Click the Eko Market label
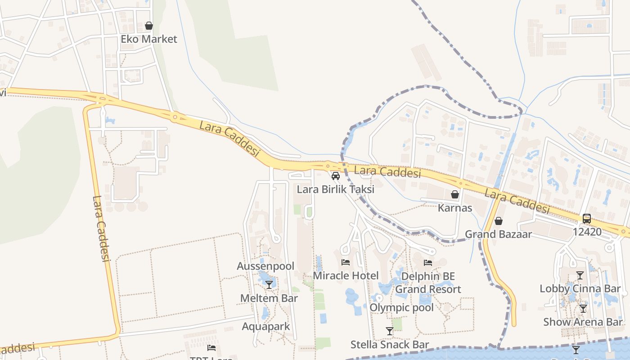pyautogui.click(x=149, y=39)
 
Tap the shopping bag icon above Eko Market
pyautogui.click(x=149, y=26)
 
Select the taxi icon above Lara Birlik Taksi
pyautogui.click(x=335, y=175)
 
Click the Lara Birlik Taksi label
pyautogui.click(x=335, y=189)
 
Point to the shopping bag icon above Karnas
pyautogui.click(x=455, y=194)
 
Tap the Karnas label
pyautogui.click(x=455, y=208)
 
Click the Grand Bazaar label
pyautogui.click(x=498, y=234)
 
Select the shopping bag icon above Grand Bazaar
pyautogui.click(x=498, y=221)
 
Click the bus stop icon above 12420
pyautogui.click(x=587, y=219)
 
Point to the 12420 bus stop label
pyautogui.click(x=587, y=232)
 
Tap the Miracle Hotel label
pyautogui.click(x=346, y=275)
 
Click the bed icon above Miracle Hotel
pyautogui.click(x=346, y=262)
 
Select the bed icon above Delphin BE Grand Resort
pyautogui.click(x=428, y=262)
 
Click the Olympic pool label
pyautogui.click(x=401, y=307)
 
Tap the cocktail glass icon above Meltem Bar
pyautogui.click(x=269, y=284)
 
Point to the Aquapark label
pyautogui.click(x=266, y=326)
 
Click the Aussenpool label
pyautogui.click(x=265, y=266)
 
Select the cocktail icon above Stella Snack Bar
pyautogui.click(x=390, y=331)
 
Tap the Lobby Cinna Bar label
pyautogui.click(x=580, y=288)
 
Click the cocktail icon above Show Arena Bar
pyautogui.click(x=583, y=309)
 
